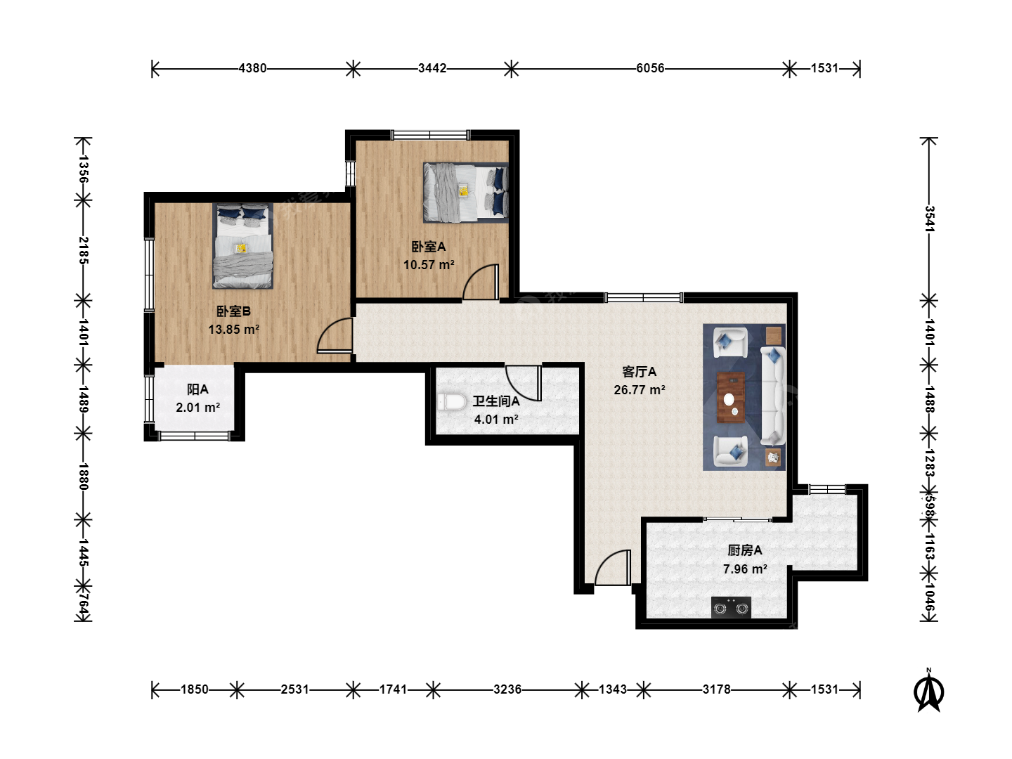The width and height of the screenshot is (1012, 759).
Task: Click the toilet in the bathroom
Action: pyautogui.click(x=451, y=402)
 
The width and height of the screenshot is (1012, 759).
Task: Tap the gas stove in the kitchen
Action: pyautogui.click(x=731, y=607)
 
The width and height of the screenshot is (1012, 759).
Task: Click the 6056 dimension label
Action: pyautogui.click(x=650, y=68)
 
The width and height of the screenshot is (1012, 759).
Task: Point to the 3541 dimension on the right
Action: pyautogui.click(x=930, y=219)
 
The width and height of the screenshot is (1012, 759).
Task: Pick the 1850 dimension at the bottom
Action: pyautogui.click(x=194, y=689)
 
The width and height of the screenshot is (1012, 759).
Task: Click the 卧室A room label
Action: pyautogui.click(x=428, y=247)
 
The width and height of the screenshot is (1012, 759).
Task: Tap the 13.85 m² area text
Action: pyautogui.click(x=234, y=330)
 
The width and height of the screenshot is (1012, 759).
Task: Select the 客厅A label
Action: pyautogui.click(x=639, y=372)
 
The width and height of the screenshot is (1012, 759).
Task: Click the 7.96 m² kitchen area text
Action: pyautogui.click(x=745, y=569)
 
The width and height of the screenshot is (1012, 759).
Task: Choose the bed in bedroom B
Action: pyautogui.click(x=242, y=246)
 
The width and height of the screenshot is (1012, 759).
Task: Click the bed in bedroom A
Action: pyautogui.click(x=466, y=192)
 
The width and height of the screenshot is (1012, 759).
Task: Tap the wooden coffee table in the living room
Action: pyautogui.click(x=731, y=397)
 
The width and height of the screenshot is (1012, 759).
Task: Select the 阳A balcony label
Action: pyautogui.click(x=197, y=389)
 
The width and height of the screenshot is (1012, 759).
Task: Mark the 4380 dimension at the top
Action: pyautogui.click(x=252, y=68)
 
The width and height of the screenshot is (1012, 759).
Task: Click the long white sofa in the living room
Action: pyautogui.click(x=773, y=396)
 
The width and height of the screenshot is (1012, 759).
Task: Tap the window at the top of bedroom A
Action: pyautogui.click(x=430, y=134)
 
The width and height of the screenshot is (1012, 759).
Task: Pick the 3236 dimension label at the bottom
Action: pyautogui.click(x=507, y=689)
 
